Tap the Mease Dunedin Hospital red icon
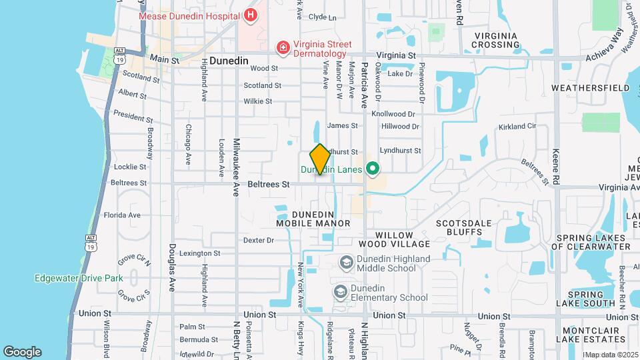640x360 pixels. (x=251, y=15)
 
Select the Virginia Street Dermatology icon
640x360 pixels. (x=283, y=47)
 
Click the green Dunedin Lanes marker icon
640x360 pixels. (x=373, y=169)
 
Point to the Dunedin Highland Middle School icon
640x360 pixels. (x=345, y=262)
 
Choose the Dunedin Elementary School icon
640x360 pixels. (x=341, y=292)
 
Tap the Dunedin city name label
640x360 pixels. (x=229, y=61)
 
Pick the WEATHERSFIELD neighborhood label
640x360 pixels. (x=591, y=88)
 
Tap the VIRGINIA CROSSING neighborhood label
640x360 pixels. (x=495, y=40)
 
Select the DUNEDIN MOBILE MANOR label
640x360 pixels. (x=313, y=218)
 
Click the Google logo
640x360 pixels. (x=22, y=352)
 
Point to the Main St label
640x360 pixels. (x=165, y=59)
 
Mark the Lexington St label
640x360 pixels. (x=199, y=253)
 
